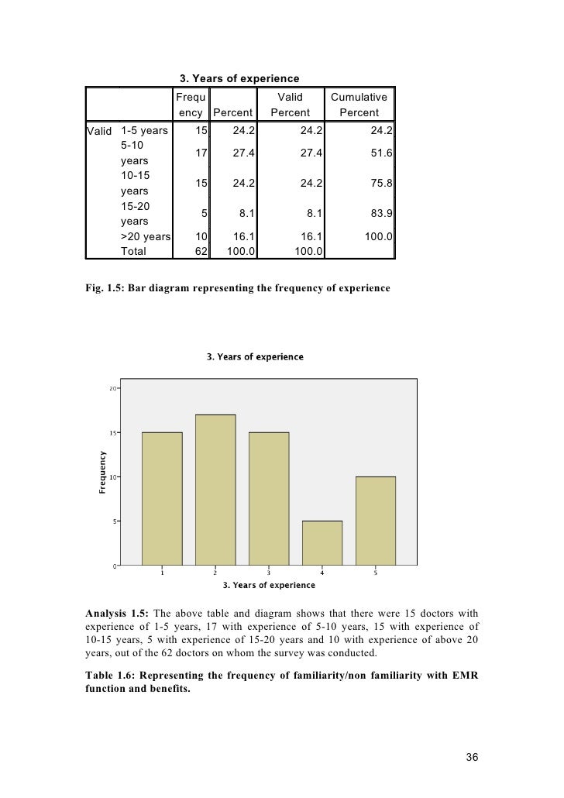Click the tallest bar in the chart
click(215, 490)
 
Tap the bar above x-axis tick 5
click(375, 521)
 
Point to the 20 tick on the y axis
click(112, 388)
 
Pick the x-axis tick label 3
click(268, 573)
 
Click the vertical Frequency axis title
click(101, 473)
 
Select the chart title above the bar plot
click(255, 357)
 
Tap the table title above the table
click(239, 78)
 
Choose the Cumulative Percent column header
click(359, 105)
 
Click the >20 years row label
click(146, 236)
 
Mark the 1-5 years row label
click(145, 129)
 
